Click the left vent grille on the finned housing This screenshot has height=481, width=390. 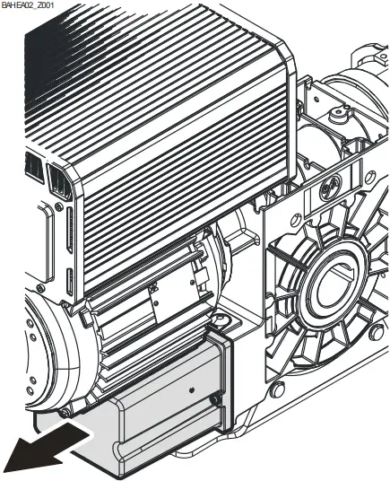click(x=31, y=167)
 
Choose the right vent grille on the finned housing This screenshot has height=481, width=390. click(x=59, y=182)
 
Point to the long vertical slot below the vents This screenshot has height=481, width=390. click(x=66, y=238)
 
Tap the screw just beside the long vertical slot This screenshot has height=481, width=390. click(x=57, y=208)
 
